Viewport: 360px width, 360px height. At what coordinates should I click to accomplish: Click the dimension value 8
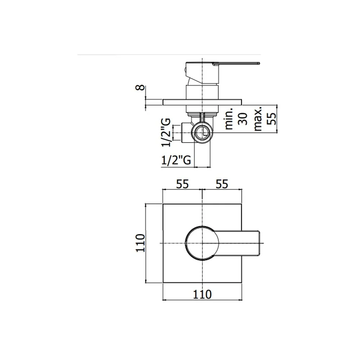[x=140, y=87]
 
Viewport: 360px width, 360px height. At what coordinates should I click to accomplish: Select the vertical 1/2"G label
[x=166, y=132]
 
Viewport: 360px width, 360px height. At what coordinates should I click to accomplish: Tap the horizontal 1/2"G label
[x=176, y=160]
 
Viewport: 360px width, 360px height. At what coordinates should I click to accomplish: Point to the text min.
[x=229, y=118]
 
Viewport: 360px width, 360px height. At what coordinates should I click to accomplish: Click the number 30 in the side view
[x=243, y=119]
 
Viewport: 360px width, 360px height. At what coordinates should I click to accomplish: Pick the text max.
[x=258, y=118]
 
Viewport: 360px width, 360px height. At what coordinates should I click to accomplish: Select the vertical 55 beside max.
[x=272, y=118]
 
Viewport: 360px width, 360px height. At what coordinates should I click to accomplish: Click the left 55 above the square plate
[x=182, y=184]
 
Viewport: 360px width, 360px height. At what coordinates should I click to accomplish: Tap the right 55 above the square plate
[x=222, y=184]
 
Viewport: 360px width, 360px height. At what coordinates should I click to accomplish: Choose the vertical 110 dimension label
[x=140, y=243]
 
